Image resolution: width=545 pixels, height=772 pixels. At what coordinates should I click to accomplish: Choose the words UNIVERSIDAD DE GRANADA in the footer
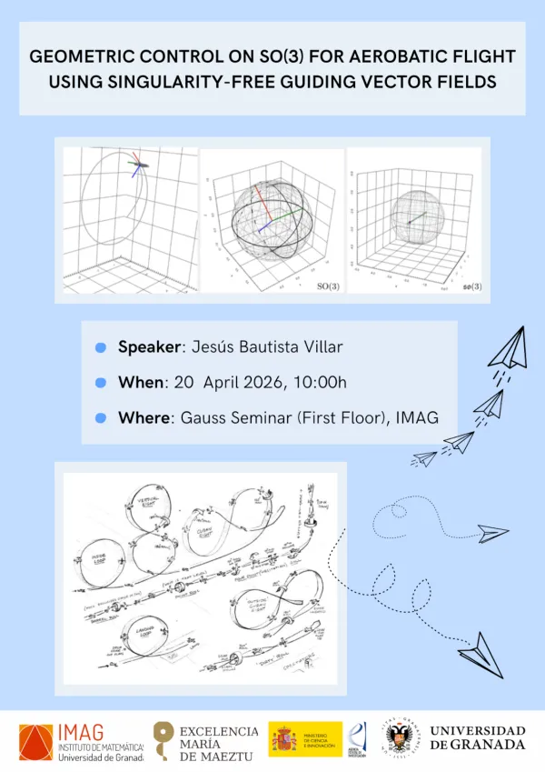tap(477, 737)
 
